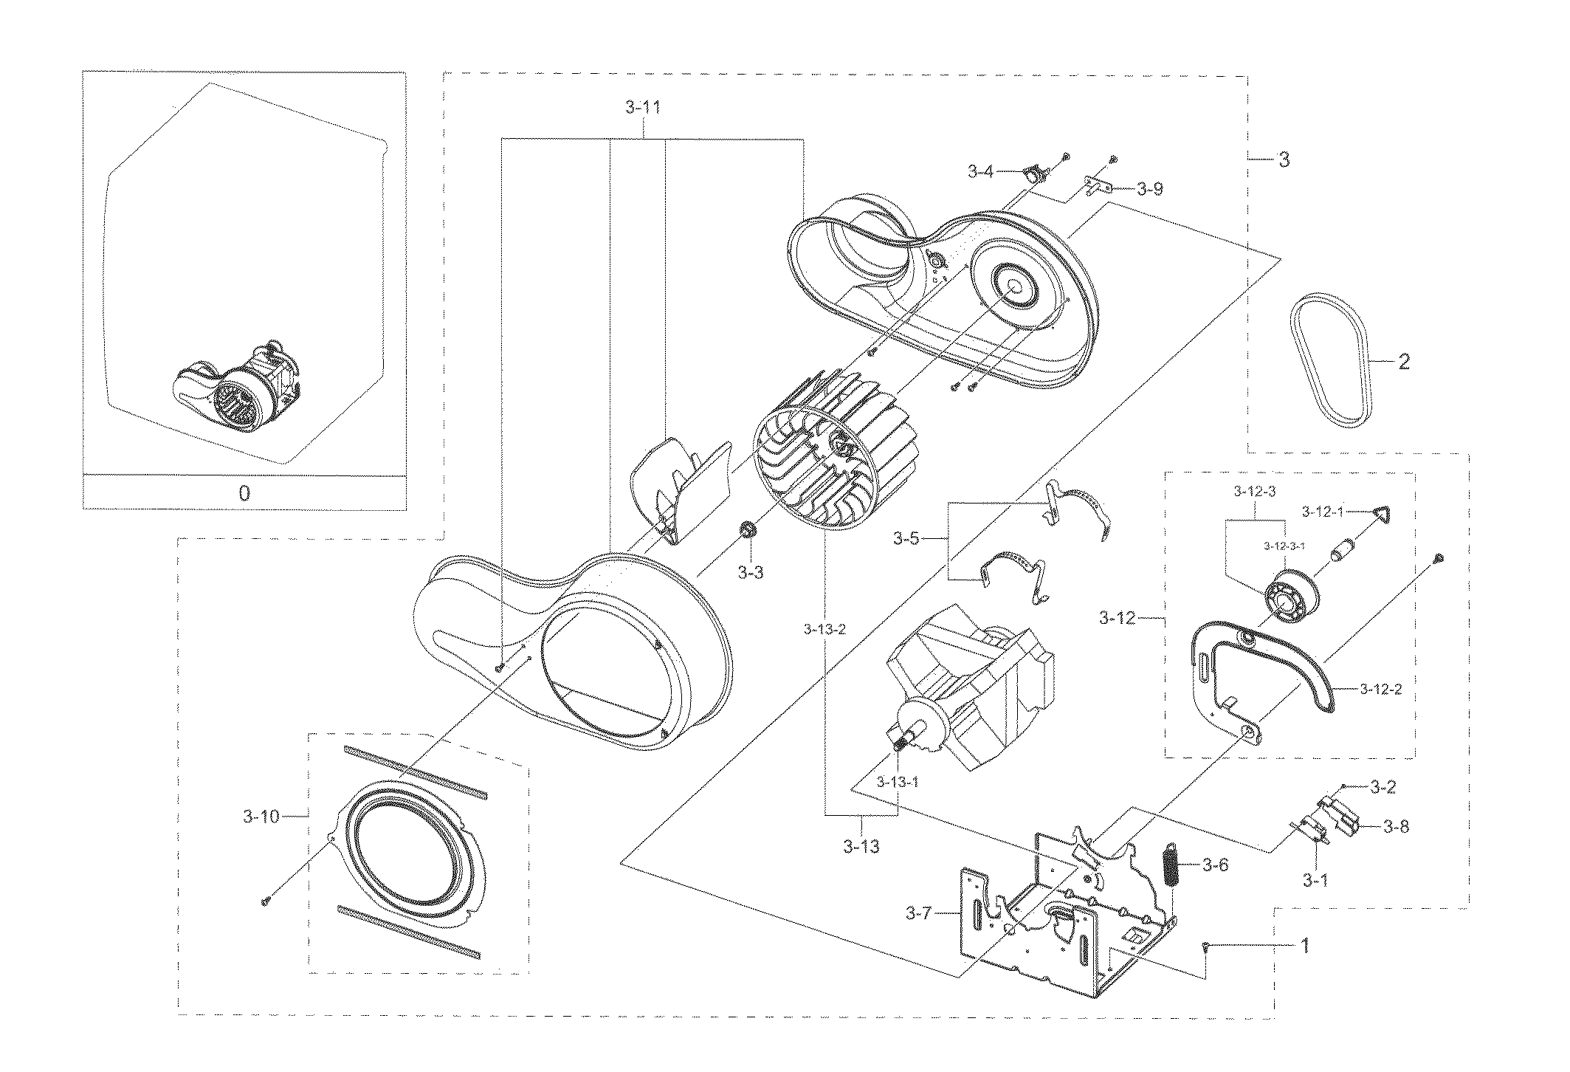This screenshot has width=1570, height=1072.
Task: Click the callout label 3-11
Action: click(642, 108)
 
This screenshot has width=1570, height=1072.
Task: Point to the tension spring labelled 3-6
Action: click(1169, 865)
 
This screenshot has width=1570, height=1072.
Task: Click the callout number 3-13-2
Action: click(824, 629)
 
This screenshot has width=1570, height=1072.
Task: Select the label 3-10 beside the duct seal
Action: click(261, 817)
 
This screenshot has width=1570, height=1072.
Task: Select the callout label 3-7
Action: click(919, 914)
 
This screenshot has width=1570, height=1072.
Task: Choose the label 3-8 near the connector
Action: click(1396, 826)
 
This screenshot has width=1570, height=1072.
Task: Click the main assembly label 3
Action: click(1285, 159)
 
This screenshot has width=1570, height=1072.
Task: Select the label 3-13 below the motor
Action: click(861, 846)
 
